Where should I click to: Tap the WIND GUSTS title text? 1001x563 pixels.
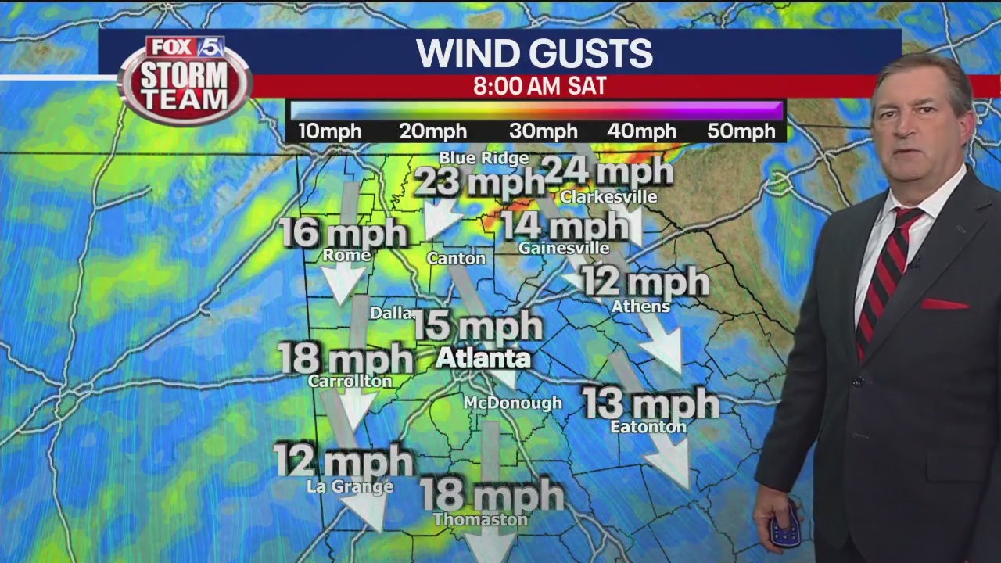[534, 53]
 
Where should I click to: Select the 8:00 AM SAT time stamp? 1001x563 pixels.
[540, 86]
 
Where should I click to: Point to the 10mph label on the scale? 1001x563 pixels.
[329, 131]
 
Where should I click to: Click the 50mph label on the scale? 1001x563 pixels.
[741, 131]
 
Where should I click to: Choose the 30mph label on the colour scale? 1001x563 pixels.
[544, 131]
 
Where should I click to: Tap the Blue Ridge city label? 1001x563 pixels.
[483, 158]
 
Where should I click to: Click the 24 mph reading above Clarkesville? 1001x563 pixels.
[608, 170]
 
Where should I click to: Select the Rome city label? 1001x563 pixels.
[346, 255]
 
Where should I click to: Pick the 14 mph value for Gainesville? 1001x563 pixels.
[565, 226]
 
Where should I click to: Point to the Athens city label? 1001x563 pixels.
[640, 307]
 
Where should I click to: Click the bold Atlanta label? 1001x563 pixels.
[483, 358]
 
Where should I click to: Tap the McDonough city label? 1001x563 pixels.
[513, 403]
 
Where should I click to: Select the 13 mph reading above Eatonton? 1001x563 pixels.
[650, 403]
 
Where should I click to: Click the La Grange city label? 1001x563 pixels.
[350, 486]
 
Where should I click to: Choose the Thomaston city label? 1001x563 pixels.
[480, 519]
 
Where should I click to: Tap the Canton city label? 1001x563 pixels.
[456, 258]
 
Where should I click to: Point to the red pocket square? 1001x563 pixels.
[944, 303]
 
